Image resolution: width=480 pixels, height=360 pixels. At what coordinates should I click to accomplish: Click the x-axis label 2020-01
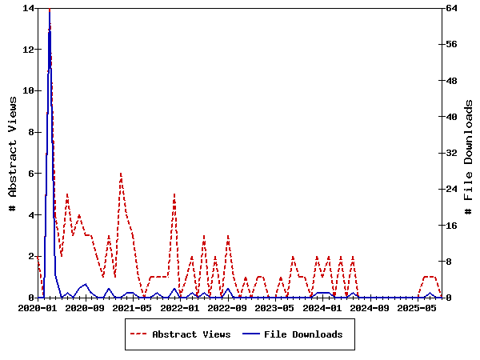pyautogui.click(x=38, y=307)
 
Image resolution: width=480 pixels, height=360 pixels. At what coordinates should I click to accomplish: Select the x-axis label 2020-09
pyautogui.click(x=84, y=307)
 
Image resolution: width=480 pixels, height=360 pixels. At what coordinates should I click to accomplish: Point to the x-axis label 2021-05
pyautogui.click(x=132, y=307)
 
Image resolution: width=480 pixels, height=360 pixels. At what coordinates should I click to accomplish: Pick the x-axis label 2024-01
pyautogui.click(x=322, y=307)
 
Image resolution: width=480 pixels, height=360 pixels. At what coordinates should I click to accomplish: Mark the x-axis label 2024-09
pyautogui.click(x=370, y=307)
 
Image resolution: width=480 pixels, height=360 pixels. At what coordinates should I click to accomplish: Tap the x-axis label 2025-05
pyautogui.click(x=417, y=307)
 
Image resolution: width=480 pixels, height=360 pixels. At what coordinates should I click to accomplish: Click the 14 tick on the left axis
pyautogui.click(x=29, y=8)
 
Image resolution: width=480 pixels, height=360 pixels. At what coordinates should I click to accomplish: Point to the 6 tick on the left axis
pyautogui.click(x=31, y=174)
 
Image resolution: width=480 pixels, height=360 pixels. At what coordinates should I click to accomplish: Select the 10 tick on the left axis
pyautogui.click(x=29, y=91)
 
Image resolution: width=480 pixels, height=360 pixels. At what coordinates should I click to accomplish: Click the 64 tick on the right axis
pyautogui.click(x=451, y=8)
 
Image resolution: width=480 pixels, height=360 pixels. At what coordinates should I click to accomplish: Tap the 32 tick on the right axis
pyautogui.click(x=451, y=153)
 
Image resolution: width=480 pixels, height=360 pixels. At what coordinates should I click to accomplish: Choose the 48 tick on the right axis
pyautogui.click(x=451, y=81)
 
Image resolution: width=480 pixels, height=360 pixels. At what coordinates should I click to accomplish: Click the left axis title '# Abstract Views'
pyautogui.click(x=13, y=153)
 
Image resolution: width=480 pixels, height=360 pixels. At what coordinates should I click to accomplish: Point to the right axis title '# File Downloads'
pyautogui.click(x=468, y=153)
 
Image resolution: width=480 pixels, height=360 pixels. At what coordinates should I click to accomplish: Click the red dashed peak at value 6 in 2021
pyautogui.click(x=121, y=174)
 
